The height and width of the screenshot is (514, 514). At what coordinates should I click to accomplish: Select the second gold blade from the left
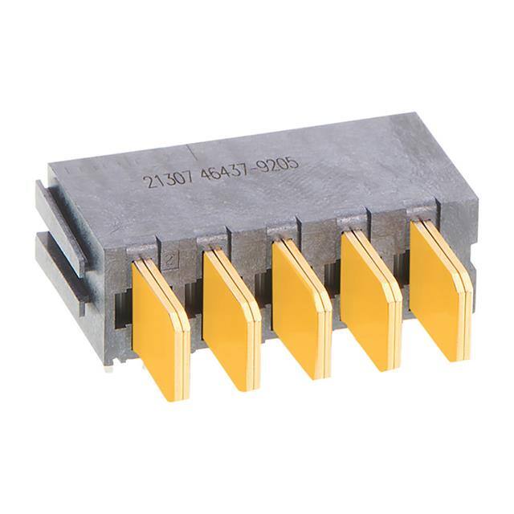point(230,316)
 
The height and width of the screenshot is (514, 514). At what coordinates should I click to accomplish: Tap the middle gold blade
point(300,308)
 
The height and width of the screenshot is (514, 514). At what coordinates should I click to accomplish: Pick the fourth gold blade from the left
point(369,299)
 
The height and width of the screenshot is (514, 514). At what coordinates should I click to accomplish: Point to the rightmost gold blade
point(439,289)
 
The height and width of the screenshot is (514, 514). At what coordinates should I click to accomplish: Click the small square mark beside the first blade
point(169,259)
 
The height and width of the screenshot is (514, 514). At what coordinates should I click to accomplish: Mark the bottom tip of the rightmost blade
point(463,358)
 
